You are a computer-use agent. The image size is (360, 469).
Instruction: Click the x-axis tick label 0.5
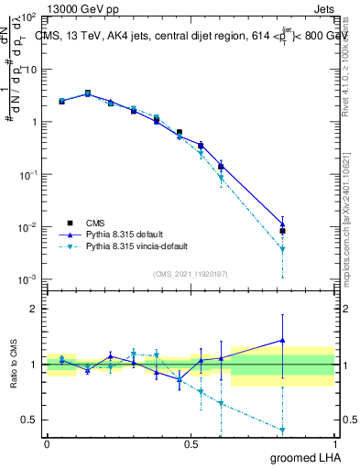tap(191, 444)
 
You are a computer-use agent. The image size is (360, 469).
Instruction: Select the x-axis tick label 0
tap(47, 444)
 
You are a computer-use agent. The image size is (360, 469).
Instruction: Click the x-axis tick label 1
tap(335, 444)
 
